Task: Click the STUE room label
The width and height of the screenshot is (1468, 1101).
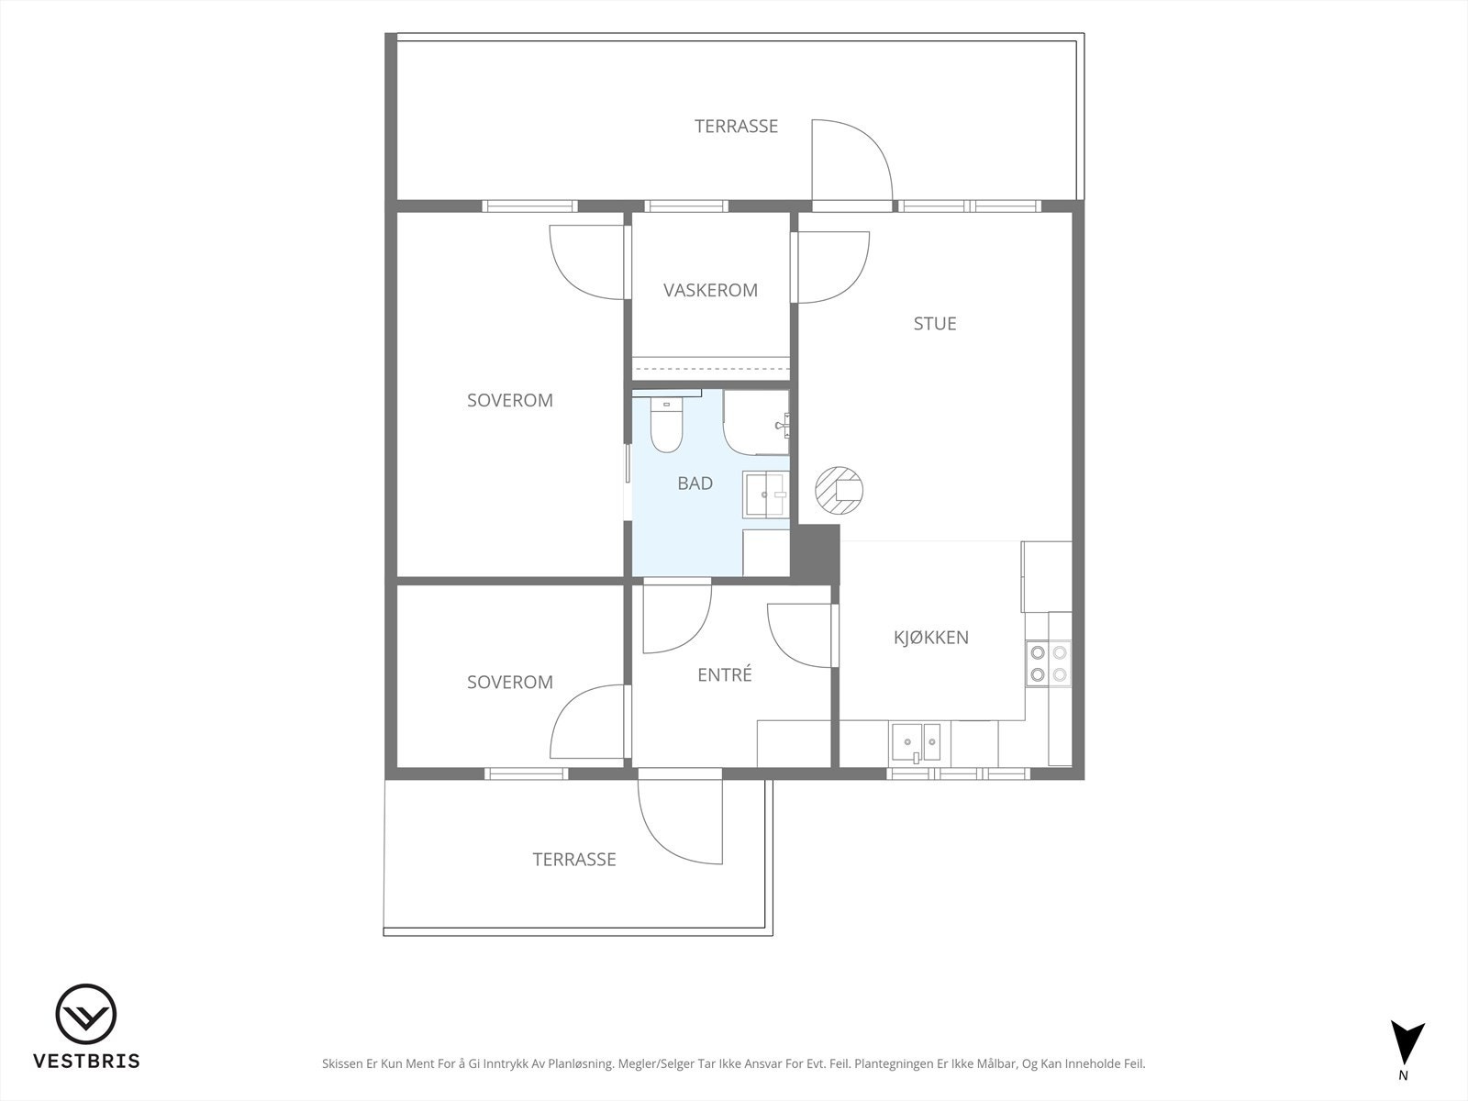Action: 934,324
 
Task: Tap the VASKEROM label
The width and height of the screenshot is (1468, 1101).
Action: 710,290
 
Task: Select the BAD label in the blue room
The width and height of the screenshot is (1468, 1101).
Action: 695,484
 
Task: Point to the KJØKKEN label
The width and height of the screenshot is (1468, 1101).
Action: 931,637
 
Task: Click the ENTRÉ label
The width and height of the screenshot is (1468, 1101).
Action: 724,674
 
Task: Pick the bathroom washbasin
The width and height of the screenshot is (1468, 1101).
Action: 765,494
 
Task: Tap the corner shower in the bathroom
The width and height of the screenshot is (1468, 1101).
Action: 756,422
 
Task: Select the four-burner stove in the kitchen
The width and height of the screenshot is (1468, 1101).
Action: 1048,663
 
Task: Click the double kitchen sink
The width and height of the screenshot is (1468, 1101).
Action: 915,742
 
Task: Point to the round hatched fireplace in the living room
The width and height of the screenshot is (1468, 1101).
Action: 839,490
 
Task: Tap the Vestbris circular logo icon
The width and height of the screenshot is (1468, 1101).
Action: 85,1014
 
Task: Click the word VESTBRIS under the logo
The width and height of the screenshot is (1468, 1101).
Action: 86,1061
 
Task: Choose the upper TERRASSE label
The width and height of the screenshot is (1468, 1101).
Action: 736,127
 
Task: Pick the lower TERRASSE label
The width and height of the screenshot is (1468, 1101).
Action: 573,859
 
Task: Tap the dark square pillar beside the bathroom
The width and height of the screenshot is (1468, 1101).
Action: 815,554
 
